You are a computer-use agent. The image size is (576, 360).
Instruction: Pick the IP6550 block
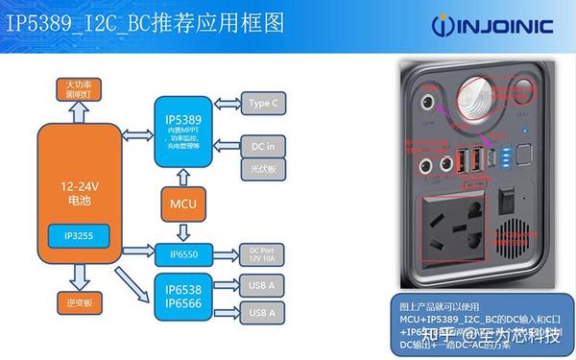(x=182, y=254)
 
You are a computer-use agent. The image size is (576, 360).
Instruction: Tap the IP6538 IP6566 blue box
(x=182, y=297)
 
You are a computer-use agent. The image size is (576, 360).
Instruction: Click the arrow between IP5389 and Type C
(x=226, y=103)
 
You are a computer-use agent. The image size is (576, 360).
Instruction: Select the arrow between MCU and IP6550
(x=182, y=230)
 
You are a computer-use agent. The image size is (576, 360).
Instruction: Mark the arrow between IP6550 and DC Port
(x=224, y=254)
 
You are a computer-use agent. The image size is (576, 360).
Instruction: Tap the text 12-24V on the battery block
(x=80, y=179)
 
